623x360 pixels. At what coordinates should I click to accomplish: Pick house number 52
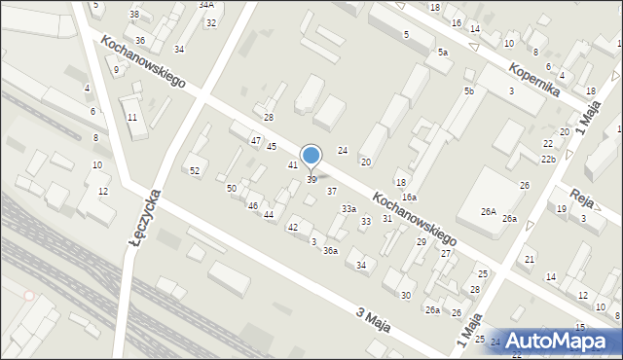click(x=195, y=171)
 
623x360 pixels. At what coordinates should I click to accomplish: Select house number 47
click(x=256, y=141)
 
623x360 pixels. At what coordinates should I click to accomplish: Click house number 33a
click(x=348, y=209)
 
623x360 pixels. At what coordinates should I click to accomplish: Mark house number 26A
click(x=488, y=212)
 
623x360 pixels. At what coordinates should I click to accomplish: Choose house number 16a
click(x=410, y=198)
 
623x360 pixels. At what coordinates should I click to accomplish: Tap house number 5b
click(x=469, y=90)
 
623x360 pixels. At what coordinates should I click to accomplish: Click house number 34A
click(x=206, y=5)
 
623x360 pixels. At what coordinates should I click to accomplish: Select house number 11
click(x=132, y=118)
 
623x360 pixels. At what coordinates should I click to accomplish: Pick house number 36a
click(x=331, y=251)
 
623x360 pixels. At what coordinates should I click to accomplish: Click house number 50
click(x=232, y=188)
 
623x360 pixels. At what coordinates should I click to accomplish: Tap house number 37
click(x=332, y=191)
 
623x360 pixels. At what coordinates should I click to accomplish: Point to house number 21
click(x=530, y=259)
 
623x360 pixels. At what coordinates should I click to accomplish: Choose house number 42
click(x=292, y=227)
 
